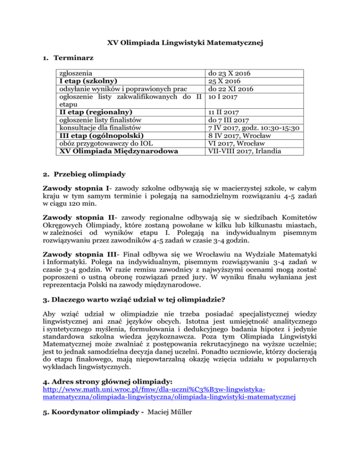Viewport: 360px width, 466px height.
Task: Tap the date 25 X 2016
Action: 225,81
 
